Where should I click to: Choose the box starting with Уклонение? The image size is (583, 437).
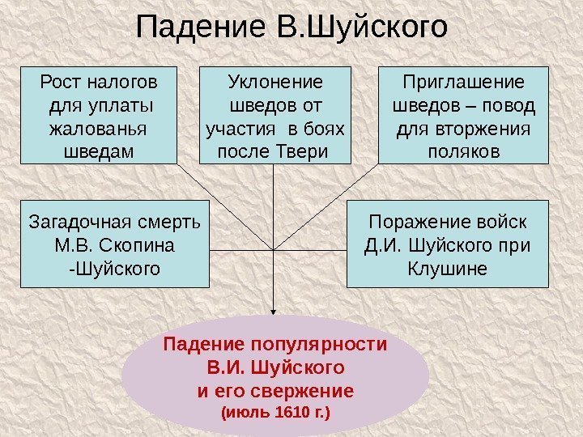pyautogui.click(x=275, y=115)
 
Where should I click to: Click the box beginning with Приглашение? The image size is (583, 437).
pyautogui.click(x=464, y=115)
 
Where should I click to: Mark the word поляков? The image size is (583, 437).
pyautogui.click(x=465, y=151)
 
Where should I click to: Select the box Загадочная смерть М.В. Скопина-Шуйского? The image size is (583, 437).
pyautogui.click(x=113, y=244)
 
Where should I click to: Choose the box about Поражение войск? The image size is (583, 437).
pyautogui.click(x=447, y=244)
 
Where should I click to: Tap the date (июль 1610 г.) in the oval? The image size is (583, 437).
pyautogui.click(x=275, y=413)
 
